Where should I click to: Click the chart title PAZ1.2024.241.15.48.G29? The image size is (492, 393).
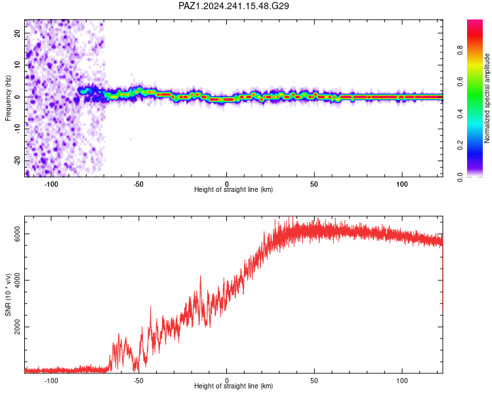234,6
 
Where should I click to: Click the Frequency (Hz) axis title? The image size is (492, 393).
8,98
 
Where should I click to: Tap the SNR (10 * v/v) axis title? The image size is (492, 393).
8,295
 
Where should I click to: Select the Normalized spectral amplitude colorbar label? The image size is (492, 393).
487,98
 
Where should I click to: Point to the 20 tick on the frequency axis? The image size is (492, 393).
17,33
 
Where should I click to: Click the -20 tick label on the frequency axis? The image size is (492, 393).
17,160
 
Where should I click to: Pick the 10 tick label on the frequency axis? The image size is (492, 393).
17,65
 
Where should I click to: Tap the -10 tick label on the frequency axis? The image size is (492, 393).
17,128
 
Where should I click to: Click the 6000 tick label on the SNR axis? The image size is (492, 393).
17,234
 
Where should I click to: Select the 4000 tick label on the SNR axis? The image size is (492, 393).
17,280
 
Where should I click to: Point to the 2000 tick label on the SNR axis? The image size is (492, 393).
17,327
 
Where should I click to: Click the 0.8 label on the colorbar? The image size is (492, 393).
460,50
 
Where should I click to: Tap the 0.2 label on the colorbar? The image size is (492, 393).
460,145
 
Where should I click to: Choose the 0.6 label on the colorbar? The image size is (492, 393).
460,82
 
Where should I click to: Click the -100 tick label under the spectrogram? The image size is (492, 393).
51,184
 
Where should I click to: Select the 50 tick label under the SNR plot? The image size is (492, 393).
314,381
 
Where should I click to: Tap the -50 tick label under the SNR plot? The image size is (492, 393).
138,381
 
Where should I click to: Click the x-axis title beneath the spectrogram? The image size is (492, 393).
234,189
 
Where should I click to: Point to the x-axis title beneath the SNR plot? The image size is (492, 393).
234,386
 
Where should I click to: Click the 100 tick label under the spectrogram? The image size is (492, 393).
402,184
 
